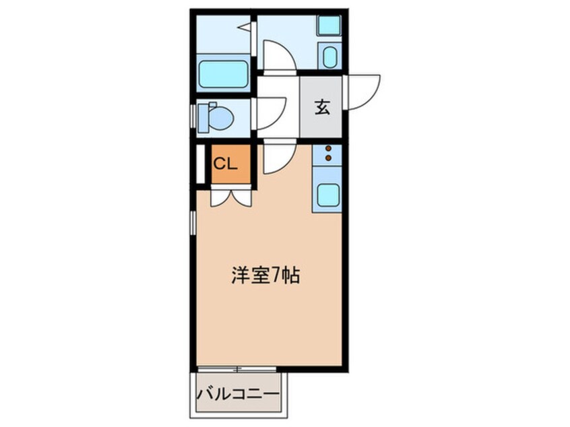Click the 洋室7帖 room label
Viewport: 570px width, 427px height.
(265, 275)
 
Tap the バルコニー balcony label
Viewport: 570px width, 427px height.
(238, 394)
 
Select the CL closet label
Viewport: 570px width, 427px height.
(225, 164)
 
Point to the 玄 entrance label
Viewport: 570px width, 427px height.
(322, 108)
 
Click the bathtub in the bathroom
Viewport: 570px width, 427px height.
(223, 74)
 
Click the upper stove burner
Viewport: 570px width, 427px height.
(329, 148)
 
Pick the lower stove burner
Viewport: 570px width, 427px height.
(329, 158)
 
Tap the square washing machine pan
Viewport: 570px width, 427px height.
(329, 25)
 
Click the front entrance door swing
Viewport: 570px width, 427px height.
(362, 92)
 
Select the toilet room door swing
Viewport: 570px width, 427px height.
(271, 113)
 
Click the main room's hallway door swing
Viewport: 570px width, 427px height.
(279, 158)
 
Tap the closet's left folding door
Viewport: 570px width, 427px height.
(220, 198)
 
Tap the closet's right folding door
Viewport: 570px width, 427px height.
(241, 198)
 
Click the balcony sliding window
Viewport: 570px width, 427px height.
(236, 369)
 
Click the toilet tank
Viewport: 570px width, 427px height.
(203, 118)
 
